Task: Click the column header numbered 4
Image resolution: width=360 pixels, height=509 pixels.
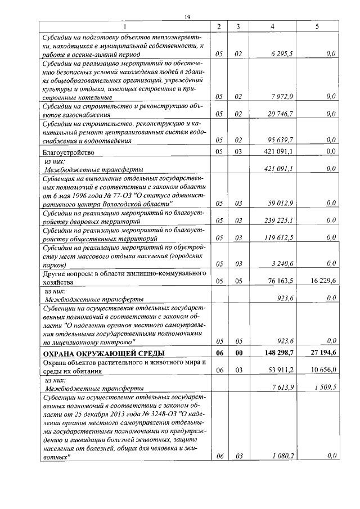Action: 272,26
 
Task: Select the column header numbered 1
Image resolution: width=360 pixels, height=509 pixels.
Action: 125,26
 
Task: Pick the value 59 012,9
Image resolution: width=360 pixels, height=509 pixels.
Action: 281,203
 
